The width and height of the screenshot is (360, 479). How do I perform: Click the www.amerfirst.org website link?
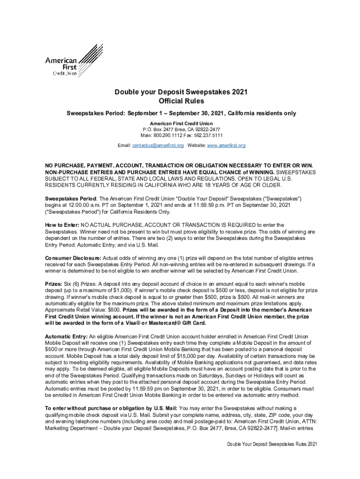point(227,146)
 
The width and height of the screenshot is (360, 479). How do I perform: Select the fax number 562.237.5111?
point(204,135)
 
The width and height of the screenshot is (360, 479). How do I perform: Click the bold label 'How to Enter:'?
point(62,225)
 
